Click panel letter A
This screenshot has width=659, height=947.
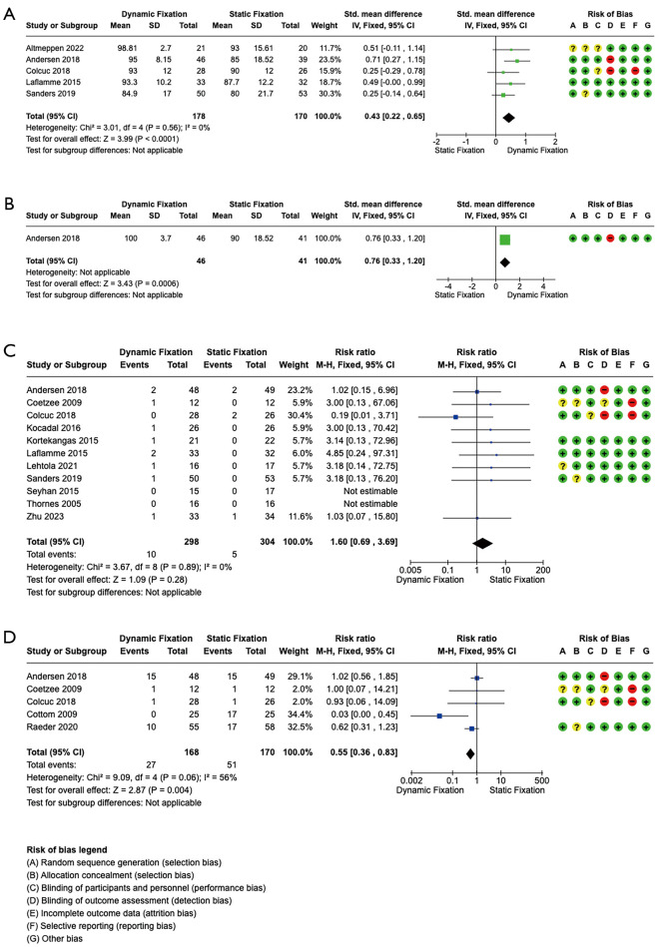point(9,11)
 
